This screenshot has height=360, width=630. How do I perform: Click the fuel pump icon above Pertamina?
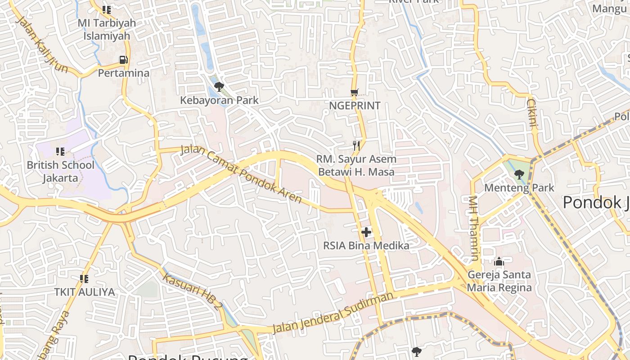(x=123, y=59)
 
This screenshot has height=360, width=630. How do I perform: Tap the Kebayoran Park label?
(x=219, y=100)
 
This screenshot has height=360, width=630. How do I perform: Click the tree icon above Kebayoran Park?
(x=219, y=86)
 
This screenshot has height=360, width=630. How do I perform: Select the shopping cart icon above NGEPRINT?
(x=355, y=93)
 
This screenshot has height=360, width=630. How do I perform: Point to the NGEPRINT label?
(x=355, y=106)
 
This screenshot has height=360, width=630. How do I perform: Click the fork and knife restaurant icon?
(x=356, y=145)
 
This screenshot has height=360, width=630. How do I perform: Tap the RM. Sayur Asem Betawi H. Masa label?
(x=356, y=165)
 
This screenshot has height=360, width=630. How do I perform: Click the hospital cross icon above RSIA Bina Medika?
(x=366, y=232)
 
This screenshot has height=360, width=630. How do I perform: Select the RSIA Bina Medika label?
(x=366, y=246)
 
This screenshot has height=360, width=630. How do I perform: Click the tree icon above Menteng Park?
(x=519, y=174)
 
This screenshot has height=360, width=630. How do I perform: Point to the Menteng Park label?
(x=519, y=188)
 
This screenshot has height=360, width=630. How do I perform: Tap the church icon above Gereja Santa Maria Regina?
(x=499, y=261)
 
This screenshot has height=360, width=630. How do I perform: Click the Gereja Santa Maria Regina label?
(x=499, y=281)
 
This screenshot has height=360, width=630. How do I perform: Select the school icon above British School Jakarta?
(x=60, y=152)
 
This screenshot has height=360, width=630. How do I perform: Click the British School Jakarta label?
(x=61, y=171)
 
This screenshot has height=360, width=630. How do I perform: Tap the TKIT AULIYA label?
(x=85, y=292)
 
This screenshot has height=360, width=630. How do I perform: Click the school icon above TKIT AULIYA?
(x=84, y=279)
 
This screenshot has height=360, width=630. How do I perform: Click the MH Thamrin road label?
(x=473, y=228)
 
